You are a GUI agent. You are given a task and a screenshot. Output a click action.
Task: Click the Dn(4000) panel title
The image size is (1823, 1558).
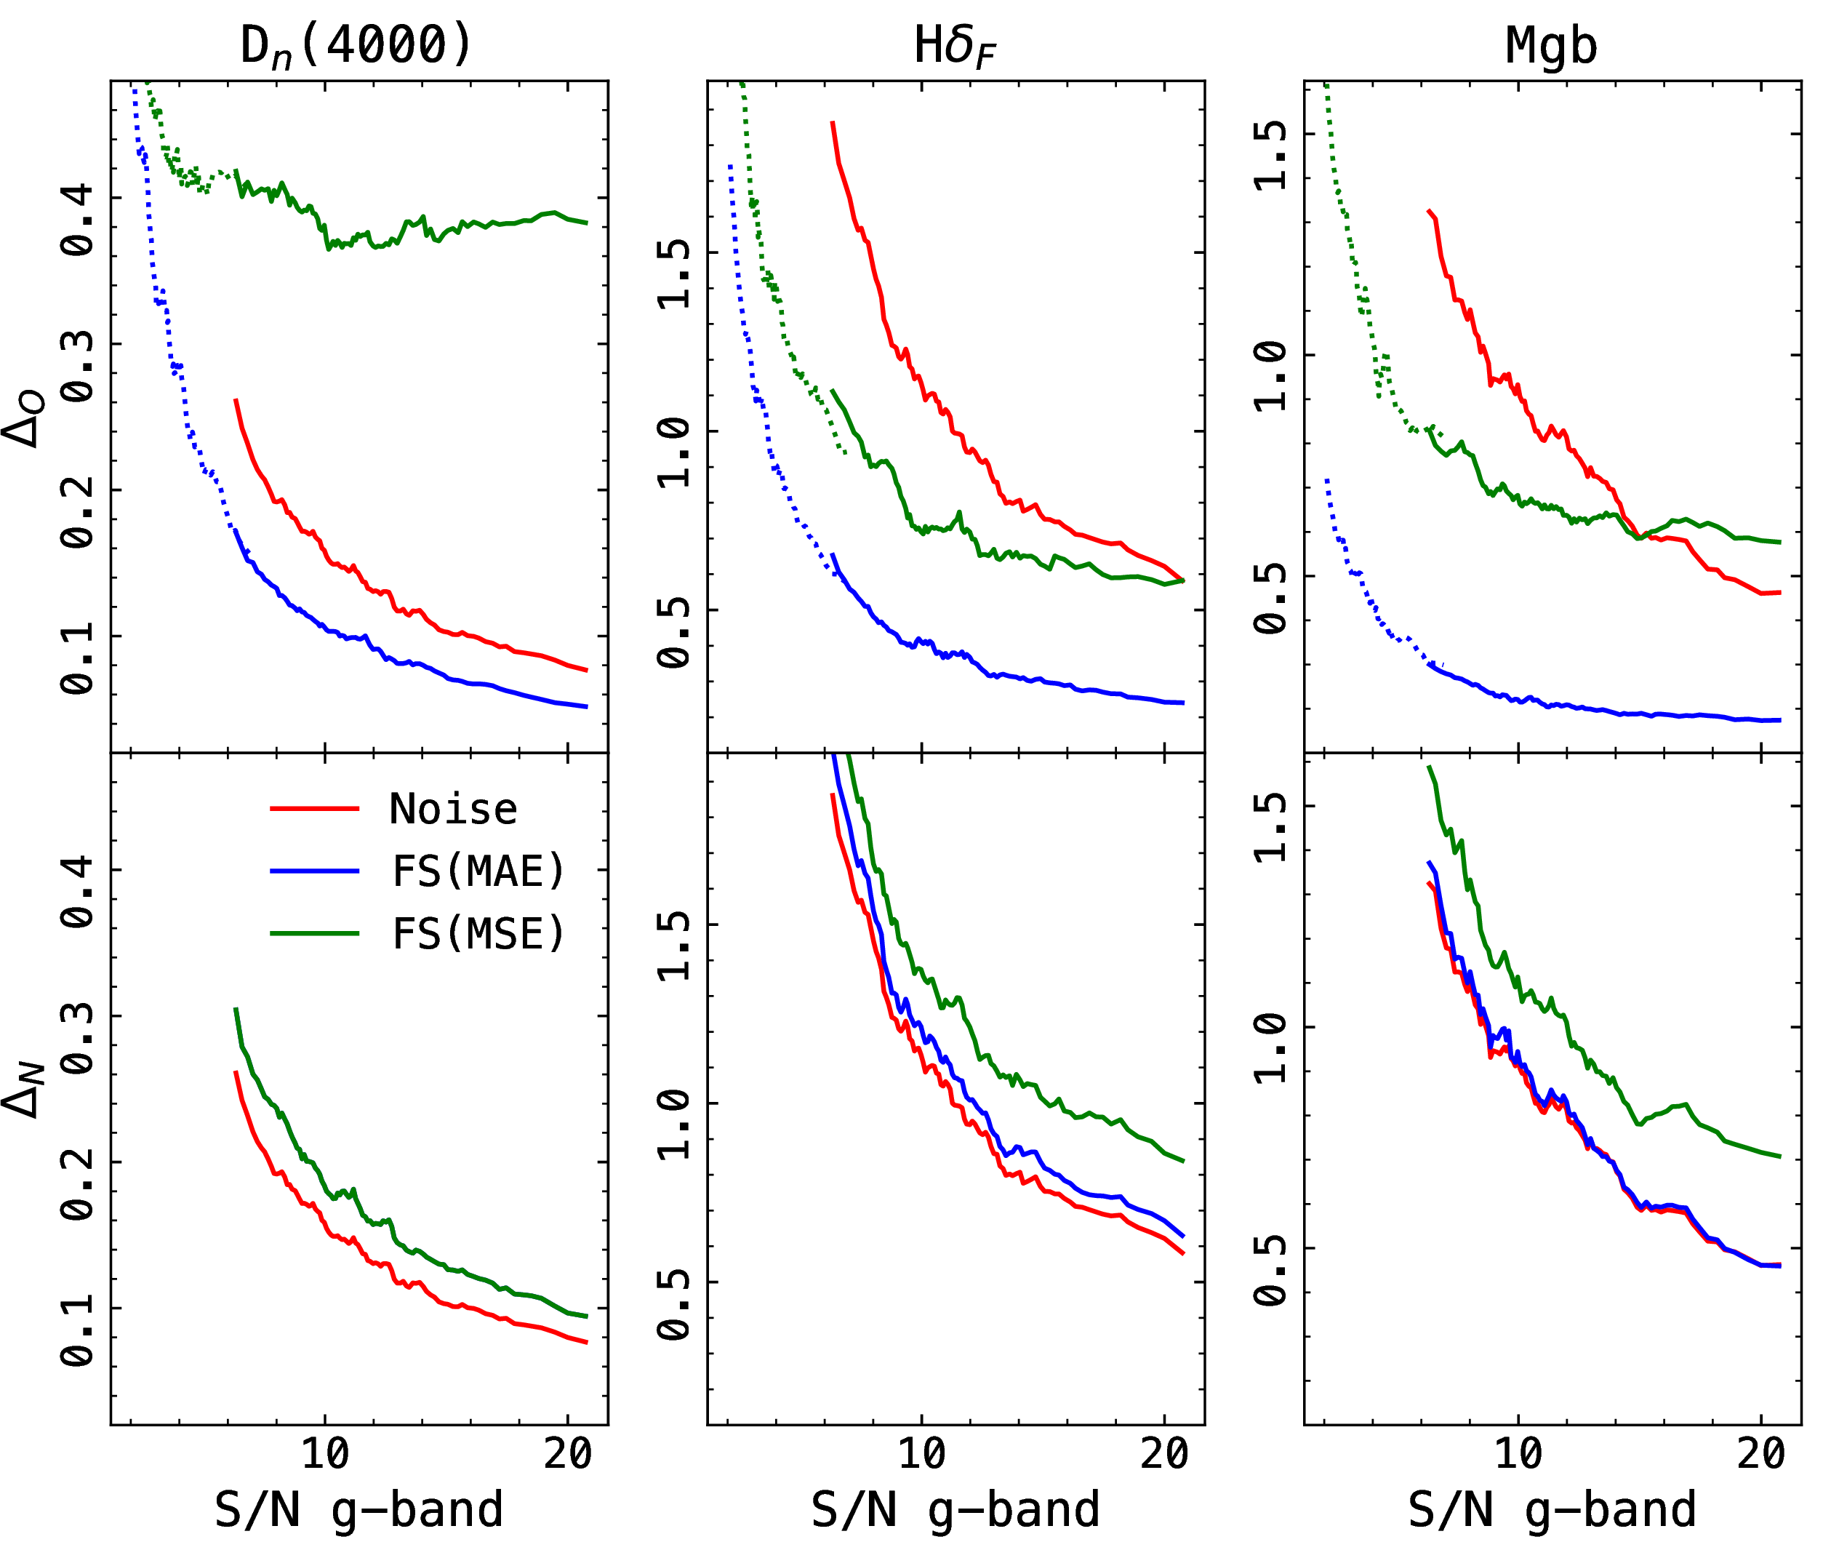coord(356,46)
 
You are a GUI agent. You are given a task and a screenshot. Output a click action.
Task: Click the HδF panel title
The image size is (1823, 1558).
coord(955,46)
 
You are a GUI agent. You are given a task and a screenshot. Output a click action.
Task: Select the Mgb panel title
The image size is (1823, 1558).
coord(1551,46)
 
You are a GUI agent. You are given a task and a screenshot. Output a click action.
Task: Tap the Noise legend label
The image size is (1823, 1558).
coord(453,809)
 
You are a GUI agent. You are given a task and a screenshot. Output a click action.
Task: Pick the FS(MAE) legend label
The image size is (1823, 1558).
coord(478,871)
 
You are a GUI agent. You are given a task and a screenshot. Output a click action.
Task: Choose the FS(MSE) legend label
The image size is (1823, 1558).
coord(478,934)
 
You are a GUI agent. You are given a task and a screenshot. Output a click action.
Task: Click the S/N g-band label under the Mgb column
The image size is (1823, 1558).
coord(1552,1509)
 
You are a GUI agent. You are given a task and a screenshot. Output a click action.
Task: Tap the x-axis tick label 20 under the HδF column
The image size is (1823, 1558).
coord(1164,1454)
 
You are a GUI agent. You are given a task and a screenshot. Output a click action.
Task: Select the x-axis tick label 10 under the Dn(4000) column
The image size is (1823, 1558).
coord(326,1454)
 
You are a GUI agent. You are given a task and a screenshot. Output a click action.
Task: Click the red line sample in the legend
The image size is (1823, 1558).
coord(314,808)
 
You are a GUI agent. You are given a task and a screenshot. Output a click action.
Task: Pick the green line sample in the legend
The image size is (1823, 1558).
coord(314,933)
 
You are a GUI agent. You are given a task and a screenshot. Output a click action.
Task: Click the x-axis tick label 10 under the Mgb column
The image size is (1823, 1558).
coord(1518,1454)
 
